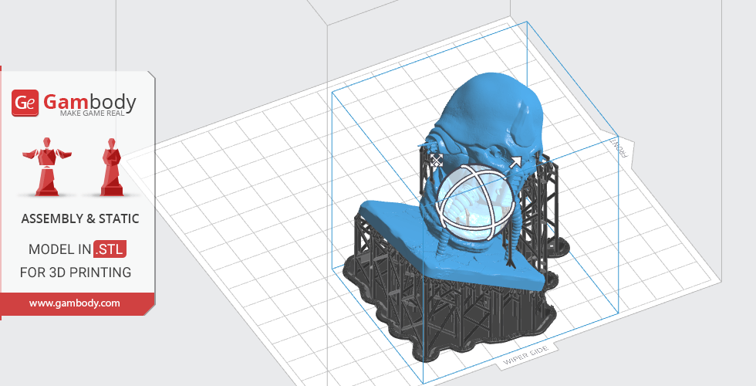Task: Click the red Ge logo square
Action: click(x=25, y=103)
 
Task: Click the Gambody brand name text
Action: click(x=89, y=101)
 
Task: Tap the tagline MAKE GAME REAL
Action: click(x=92, y=113)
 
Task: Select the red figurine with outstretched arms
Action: click(x=47, y=167)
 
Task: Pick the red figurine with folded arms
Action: click(x=112, y=167)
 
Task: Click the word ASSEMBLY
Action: click(x=52, y=219)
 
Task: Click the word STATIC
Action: click(x=119, y=219)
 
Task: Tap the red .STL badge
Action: click(x=110, y=249)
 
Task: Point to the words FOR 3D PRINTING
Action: click(x=76, y=273)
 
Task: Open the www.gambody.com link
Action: click(x=75, y=303)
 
